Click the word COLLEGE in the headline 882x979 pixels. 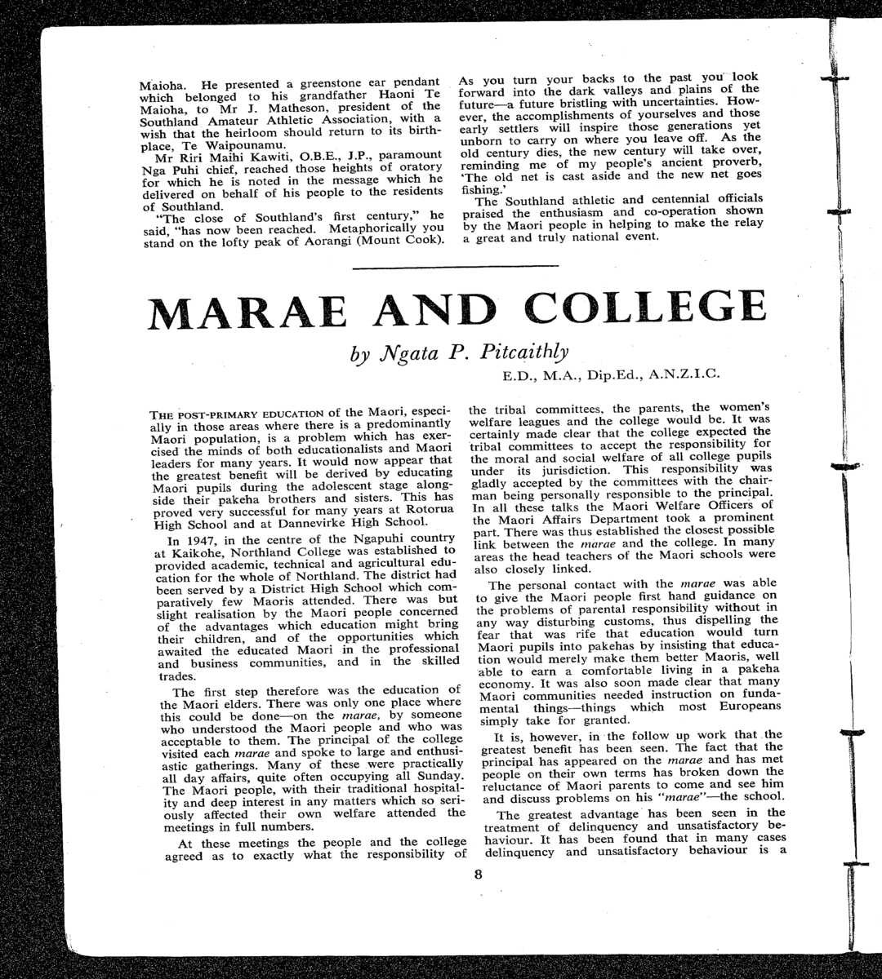pos(645,308)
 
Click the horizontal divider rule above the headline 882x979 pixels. pos(456,266)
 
